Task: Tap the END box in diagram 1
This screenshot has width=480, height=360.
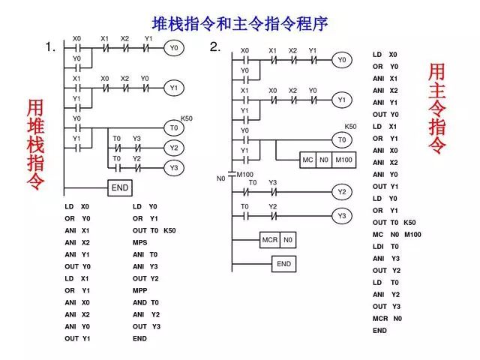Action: point(120,187)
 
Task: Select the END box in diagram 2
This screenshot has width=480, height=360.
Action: point(283,264)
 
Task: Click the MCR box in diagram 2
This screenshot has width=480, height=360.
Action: point(269,240)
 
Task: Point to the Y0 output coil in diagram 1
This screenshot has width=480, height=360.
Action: point(174,48)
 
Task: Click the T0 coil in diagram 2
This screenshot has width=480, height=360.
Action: point(342,140)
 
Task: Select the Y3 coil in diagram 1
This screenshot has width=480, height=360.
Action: point(174,167)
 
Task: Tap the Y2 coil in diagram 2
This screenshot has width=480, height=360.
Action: point(342,192)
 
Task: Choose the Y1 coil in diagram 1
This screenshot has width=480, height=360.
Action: point(174,88)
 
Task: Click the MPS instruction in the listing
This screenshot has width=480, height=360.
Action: point(140,242)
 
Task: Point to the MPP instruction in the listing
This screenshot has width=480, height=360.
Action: point(140,290)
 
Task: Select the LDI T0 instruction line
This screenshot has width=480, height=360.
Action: point(385,246)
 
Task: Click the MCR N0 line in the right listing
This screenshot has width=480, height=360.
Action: point(387,318)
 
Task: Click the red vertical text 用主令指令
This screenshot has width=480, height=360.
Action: point(437,109)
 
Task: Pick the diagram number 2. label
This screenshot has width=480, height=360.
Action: point(215,47)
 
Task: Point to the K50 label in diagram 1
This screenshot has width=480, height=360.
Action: point(187,118)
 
